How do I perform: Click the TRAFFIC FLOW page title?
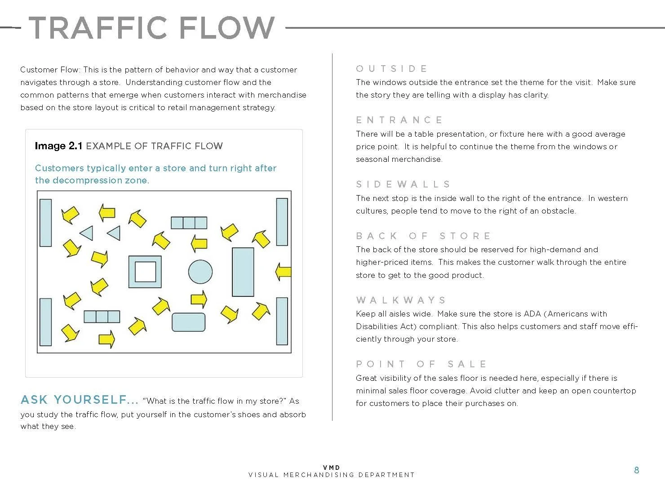[x=151, y=28]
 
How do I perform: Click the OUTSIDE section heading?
[x=391, y=69]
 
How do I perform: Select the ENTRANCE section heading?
[x=399, y=120]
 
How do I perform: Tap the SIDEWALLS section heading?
[x=403, y=184]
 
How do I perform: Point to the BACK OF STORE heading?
[x=423, y=236]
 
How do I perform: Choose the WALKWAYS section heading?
[x=401, y=300]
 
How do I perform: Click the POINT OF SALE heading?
[x=421, y=364]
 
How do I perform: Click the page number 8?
[x=636, y=470]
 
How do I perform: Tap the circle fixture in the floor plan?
[x=200, y=272]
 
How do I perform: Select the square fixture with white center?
[x=145, y=272]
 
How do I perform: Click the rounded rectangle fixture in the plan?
[x=188, y=322]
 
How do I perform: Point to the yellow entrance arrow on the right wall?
[x=283, y=272]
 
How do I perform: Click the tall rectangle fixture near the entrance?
[x=243, y=272]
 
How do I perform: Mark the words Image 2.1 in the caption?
[x=58, y=146]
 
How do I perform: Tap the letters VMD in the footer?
[x=332, y=468]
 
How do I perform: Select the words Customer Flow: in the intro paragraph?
[x=50, y=70]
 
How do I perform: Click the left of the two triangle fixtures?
[x=87, y=233]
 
